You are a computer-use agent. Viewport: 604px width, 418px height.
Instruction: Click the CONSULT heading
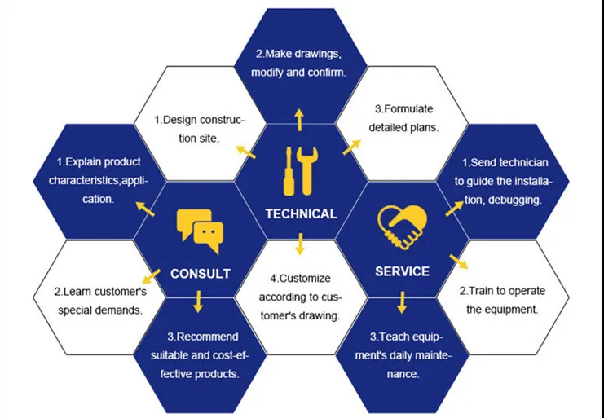tap(200, 274)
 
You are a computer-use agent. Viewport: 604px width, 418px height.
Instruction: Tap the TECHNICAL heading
tap(301, 214)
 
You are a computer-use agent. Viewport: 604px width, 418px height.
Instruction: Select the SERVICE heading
tap(402, 271)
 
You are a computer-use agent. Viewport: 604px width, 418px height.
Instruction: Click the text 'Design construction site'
tap(199, 129)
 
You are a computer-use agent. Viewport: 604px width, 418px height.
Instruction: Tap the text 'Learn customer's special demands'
tap(99, 300)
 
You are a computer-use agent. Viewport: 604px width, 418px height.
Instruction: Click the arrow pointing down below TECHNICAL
tap(300, 242)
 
